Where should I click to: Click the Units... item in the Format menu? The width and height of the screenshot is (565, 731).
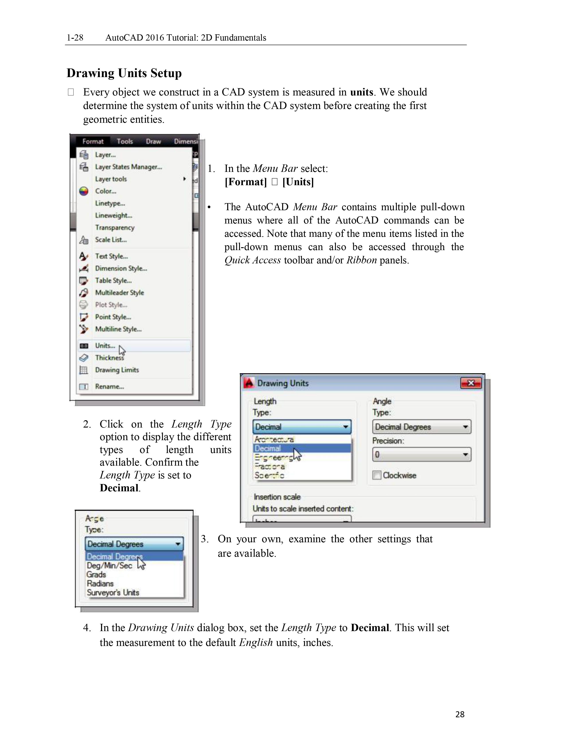pyautogui.click(x=105, y=346)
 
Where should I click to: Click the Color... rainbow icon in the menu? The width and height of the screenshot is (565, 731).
pyautogui.click(x=84, y=191)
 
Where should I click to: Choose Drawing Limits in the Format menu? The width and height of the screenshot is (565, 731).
pyautogui.click(x=117, y=370)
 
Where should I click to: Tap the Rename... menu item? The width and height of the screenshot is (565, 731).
pyautogui.click(x=109, y=387)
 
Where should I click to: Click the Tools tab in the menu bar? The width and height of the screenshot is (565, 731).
pyautogui.click(x=125, y=141)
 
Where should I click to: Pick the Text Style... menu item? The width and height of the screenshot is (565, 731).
pyautogui.click(x=111, y=256)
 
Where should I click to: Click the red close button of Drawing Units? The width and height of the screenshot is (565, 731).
pyautogui.click(x=471, y=383)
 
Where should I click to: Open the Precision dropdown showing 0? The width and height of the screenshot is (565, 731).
pyautogui.click(x=421, y=455)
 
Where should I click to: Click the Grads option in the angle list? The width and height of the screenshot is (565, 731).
pyautogui.click(x=96, y=575)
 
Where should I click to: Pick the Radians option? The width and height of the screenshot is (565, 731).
pyautogui.click(x=100, y=584)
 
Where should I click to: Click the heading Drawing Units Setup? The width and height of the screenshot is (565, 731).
pyautogui.click(x=124, y=73)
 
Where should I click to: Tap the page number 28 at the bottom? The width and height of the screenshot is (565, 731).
pyautogui.click(x=460, y=714)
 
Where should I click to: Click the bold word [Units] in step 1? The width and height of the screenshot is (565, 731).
pyautogui.click(x=298, y=182)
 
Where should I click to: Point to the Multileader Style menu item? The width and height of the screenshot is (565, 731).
pyautogui.click(x=119, y=293)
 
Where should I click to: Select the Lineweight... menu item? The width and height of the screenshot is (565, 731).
pyautogui.click(x=113, y=216)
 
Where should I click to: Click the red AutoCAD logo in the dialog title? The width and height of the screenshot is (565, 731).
pyautogui.click(x=249, y=383)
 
